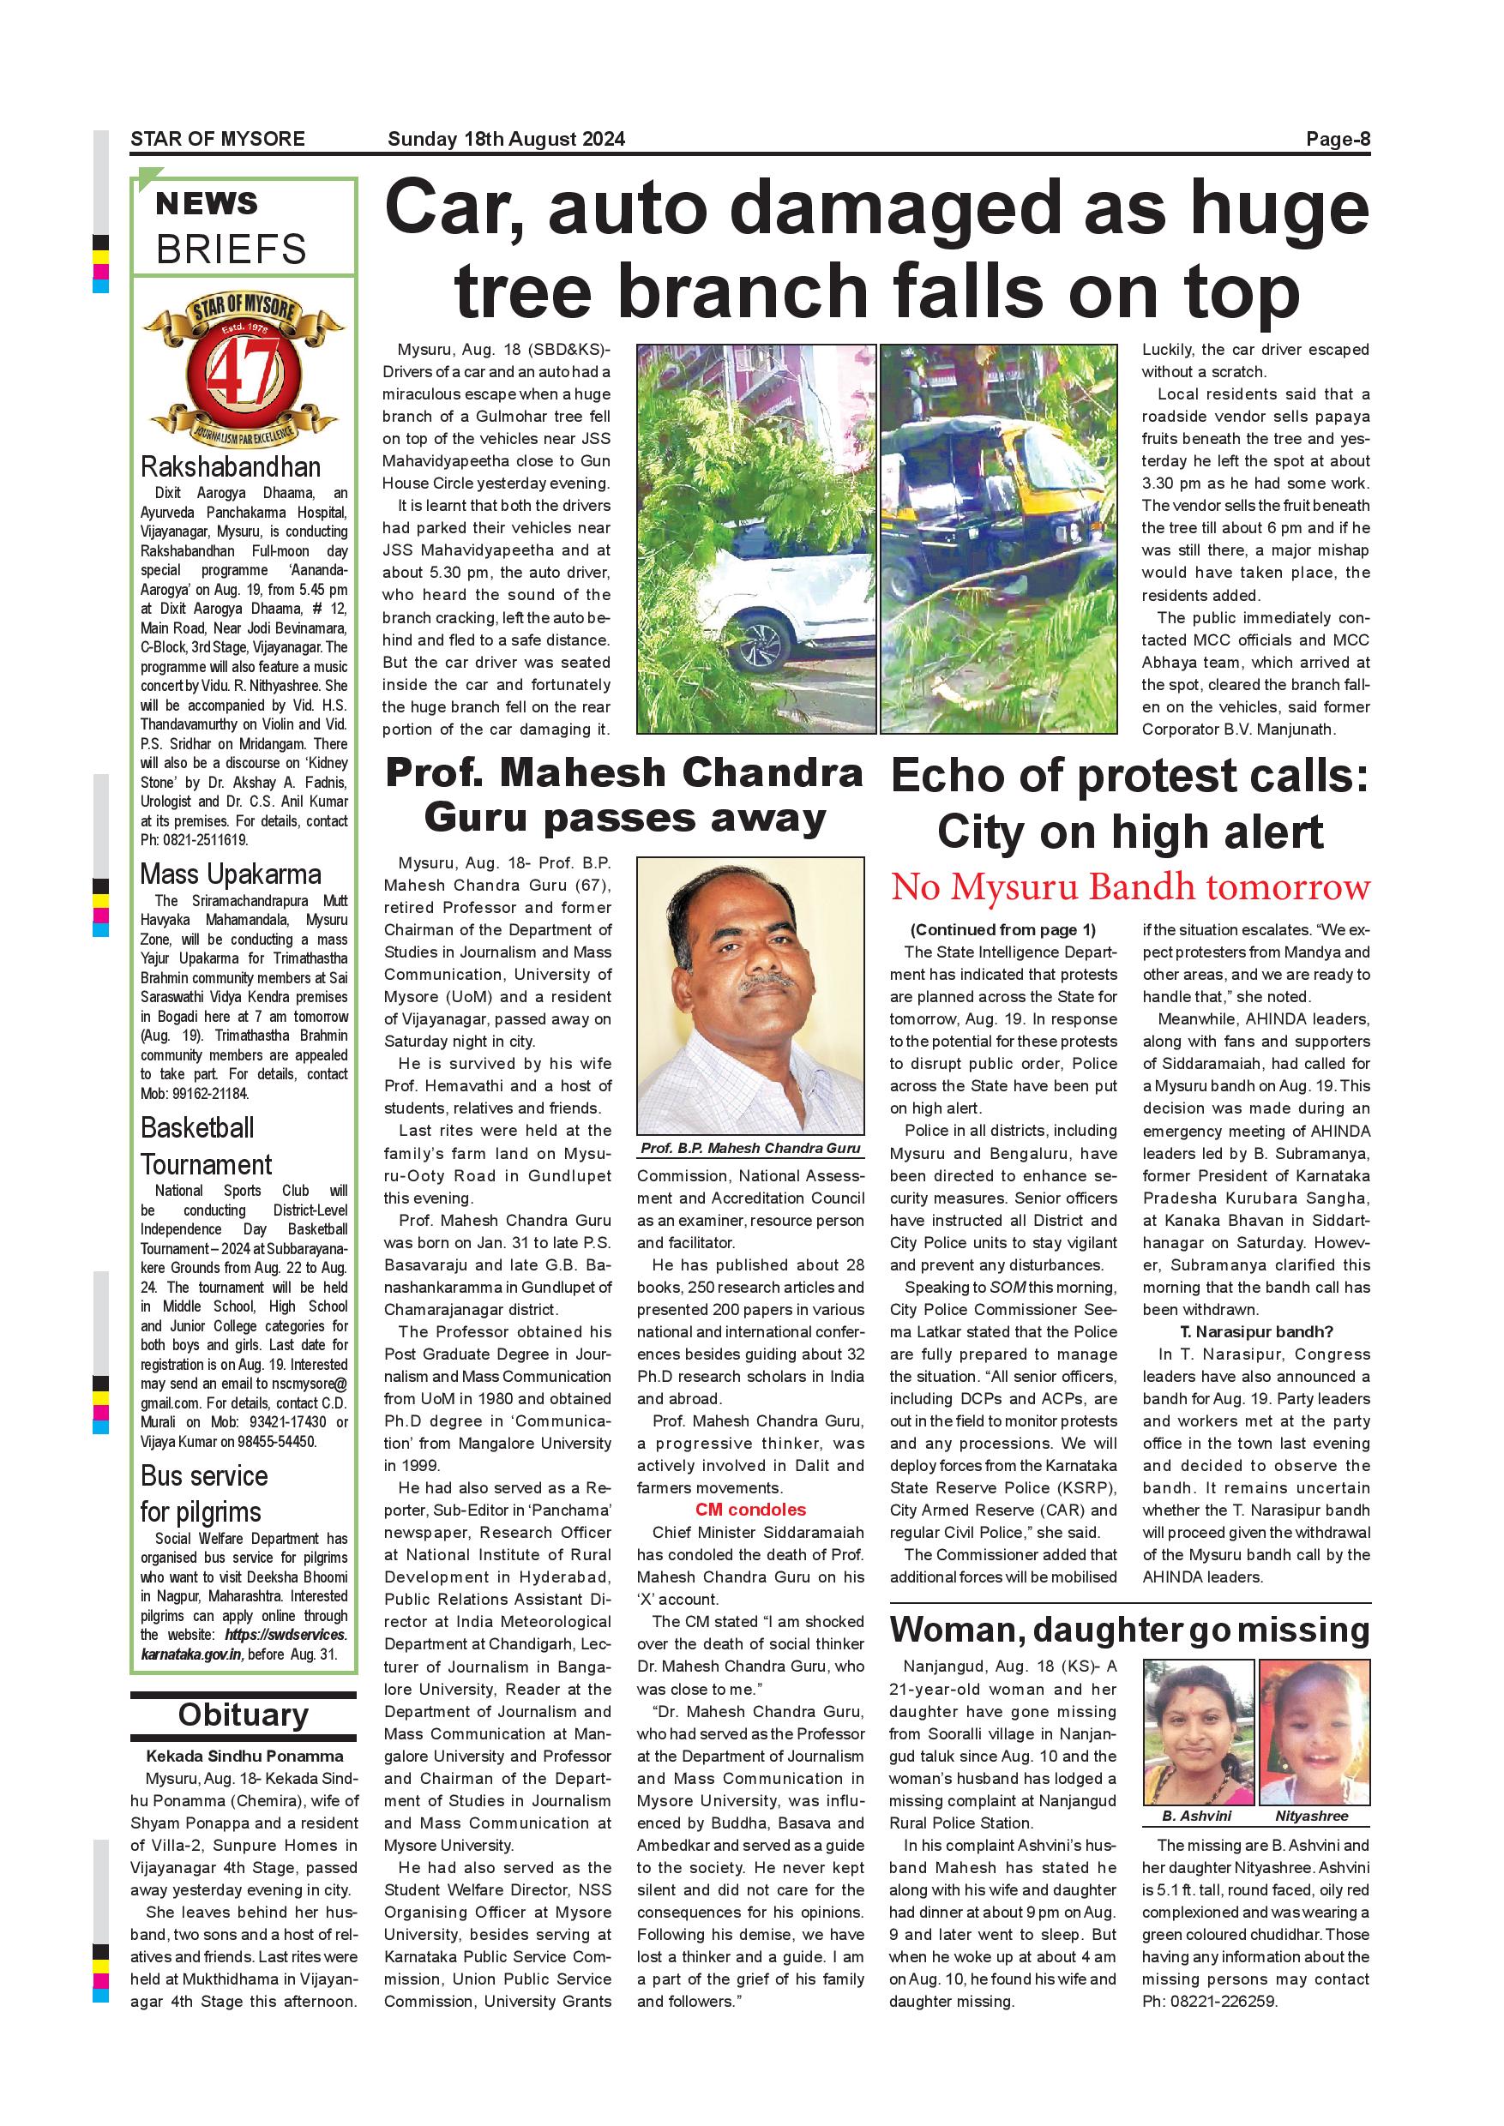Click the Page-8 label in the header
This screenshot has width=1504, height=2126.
(x=1338, y=140)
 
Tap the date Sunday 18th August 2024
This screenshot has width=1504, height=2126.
(x=506, y=140)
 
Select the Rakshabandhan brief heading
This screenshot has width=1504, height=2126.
(x=231, y=466)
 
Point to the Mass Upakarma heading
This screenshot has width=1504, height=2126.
(x=231, y=874)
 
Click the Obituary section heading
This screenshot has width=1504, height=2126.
(x=243, y=1714)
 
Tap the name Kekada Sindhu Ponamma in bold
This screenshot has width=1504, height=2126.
(x=244, y=1756)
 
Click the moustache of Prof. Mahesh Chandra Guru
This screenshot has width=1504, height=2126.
(x=767, y=982)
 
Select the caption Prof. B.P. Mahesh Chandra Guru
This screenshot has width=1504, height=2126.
(x=750, y=1148)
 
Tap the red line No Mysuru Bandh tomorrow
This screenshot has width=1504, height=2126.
(x=1130, y=887)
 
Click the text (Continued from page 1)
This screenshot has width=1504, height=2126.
(x=1003, y=929)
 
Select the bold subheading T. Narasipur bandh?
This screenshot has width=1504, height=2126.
(x=1256, y=1331)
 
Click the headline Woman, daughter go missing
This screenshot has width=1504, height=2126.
(x=1130, y=1629)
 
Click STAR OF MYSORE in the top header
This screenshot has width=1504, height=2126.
(x=218, y=140)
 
